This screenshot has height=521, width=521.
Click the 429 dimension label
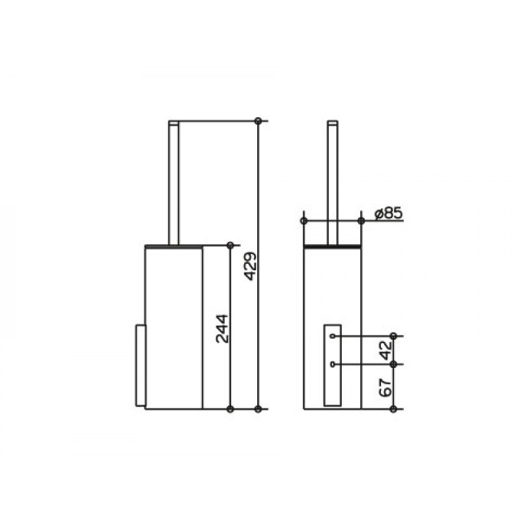251,266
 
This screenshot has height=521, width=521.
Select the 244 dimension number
222,329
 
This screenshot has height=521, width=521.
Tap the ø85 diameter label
388,214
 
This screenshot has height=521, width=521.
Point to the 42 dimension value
386,350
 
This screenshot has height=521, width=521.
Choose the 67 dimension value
386,387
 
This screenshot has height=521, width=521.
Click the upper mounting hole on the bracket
333,336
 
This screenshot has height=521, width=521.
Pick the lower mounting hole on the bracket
333,365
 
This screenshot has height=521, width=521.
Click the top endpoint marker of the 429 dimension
258,121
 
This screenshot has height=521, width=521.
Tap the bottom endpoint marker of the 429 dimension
258,409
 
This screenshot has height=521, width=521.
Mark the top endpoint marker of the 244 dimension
230,246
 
